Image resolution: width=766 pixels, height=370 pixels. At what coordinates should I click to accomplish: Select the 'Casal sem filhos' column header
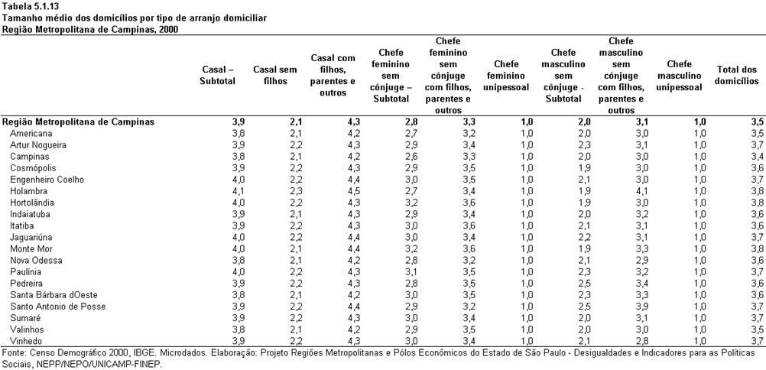point(275,76)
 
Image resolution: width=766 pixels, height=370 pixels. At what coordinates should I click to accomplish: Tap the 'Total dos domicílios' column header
point(737,76)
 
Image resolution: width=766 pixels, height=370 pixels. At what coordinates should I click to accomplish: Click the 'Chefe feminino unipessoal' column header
point(506,76)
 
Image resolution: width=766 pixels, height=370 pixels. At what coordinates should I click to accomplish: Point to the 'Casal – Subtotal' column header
point(217,76)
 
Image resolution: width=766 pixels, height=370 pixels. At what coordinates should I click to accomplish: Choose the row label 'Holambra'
point(28,191)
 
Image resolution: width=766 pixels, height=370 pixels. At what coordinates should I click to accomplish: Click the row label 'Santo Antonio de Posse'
point(57,307)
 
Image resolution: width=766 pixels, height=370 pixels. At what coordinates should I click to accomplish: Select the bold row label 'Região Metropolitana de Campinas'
point(78,122)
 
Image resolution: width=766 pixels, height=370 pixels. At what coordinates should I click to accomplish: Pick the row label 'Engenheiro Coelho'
point(47,180)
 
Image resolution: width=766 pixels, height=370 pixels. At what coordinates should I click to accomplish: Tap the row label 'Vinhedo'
point(27,341)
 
